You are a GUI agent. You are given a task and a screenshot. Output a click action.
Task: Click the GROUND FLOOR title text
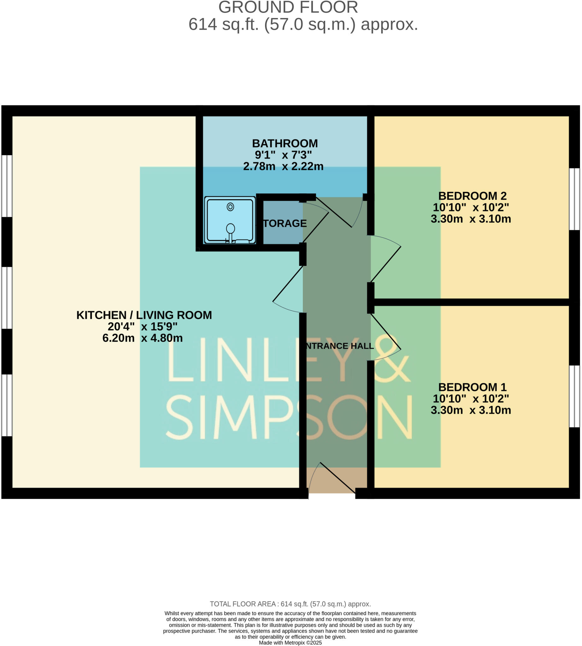tap(288, 7)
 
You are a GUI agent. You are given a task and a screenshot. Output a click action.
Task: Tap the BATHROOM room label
tap(285, 143)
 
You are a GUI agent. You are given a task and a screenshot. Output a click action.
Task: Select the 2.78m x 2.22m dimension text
tap(283, 166)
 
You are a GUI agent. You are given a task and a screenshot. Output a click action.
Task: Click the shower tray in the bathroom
tap(230, 220)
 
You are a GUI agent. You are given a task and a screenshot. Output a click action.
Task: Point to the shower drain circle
tap(230, 207)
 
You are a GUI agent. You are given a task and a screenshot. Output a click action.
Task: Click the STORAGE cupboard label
tap(284, 223)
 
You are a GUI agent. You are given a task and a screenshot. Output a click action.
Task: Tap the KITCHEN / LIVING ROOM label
tap(144, 315)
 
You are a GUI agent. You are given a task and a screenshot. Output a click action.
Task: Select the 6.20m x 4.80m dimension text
tap(142, 338)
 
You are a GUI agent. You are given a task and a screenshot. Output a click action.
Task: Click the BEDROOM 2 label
tap(472, 196)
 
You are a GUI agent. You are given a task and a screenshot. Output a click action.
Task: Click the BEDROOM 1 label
tap(472, 387)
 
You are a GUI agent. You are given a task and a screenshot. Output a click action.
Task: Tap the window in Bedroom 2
tap(574, 199)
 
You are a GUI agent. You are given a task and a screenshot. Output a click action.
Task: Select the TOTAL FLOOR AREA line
tap(290, 604)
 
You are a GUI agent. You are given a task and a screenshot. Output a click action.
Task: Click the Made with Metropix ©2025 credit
tap(290, 643)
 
